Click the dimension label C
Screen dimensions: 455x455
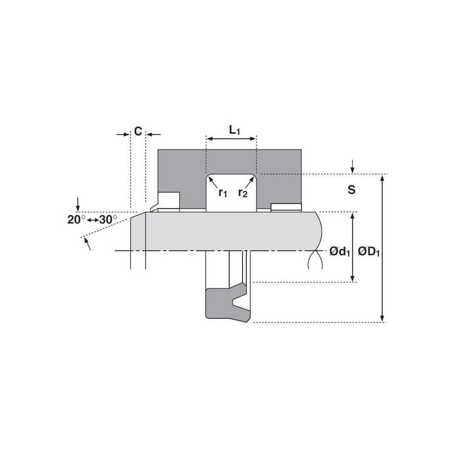click(138, 131)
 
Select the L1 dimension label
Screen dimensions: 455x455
click(234, 130)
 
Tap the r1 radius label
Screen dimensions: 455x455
click(222, 192)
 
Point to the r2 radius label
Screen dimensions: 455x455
click(243, 192)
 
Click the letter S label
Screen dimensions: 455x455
click(351, 189)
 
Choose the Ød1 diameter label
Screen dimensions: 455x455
click(340, 251)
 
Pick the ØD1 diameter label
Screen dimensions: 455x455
click(369, 251)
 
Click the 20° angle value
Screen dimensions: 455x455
click(76, 220)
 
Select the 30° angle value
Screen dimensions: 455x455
click(108, 220)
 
